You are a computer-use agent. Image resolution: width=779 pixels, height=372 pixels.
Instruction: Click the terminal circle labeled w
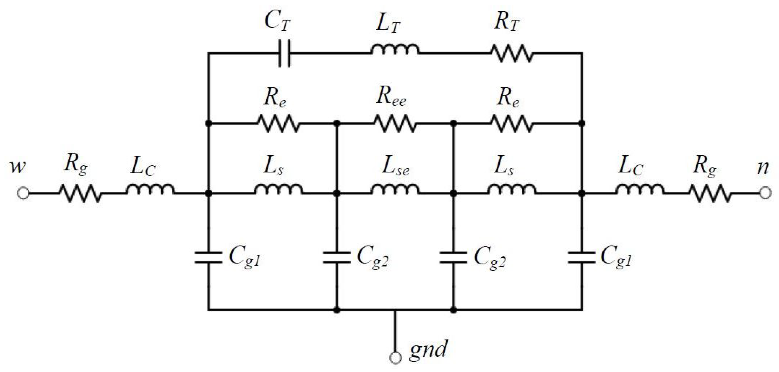coord(23,193)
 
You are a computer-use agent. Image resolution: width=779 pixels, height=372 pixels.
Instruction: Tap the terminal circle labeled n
coord(765,193)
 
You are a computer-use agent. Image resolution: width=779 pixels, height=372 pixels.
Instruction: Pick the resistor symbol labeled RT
coord(512,53)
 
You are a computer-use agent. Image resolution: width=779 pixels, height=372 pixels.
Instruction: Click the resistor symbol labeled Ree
coord(395,123)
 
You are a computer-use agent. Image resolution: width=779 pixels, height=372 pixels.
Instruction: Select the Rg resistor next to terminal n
coord(710,193)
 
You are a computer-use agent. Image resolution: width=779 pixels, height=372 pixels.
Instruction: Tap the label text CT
coord(277,21)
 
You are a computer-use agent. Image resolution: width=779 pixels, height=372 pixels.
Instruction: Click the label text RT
coord(506,22)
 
